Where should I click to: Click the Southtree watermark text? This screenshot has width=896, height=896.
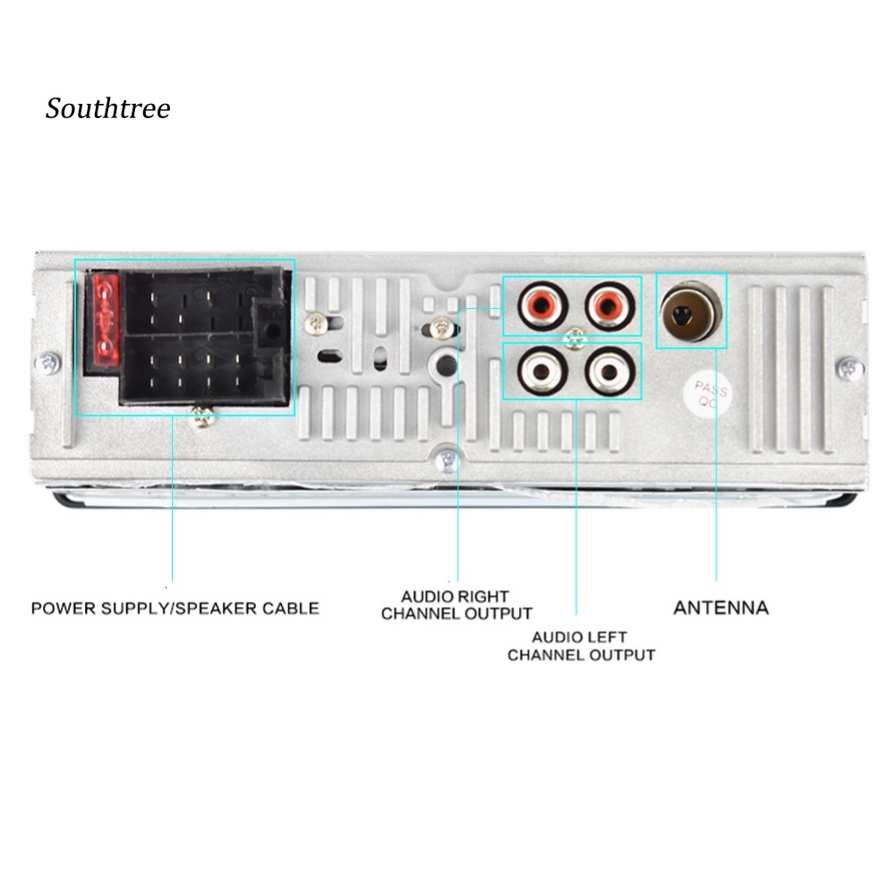pos(107,109)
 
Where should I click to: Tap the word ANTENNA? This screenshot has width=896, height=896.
pos(720,608)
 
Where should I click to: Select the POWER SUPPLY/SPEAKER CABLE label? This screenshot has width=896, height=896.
pos(175,609)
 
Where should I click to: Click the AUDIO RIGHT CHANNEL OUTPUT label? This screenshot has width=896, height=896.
pos(456,605)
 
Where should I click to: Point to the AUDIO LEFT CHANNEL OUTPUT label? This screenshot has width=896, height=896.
pos(580,646)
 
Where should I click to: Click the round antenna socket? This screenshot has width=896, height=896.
pos(690,312)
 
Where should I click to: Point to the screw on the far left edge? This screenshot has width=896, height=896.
pos(48,363)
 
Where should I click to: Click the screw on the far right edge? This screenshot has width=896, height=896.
pos(848,367)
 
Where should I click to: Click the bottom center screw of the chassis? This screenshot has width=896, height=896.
pos(449,461)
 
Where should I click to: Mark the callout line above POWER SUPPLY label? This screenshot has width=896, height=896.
pos(172,501)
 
